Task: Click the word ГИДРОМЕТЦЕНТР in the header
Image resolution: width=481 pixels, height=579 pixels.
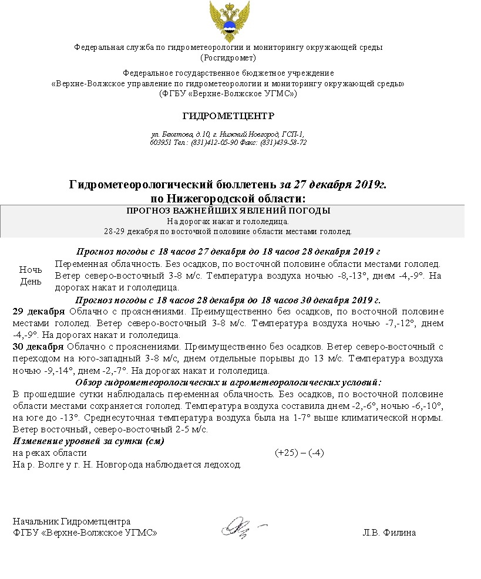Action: point(228,116)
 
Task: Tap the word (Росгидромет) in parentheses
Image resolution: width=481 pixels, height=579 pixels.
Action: point(228,57)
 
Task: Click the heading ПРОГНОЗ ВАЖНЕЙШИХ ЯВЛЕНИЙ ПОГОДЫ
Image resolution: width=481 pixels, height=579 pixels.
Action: point(228,211)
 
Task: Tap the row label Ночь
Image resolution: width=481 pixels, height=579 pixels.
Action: point(31,270)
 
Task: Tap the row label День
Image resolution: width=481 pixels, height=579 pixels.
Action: point(31,282)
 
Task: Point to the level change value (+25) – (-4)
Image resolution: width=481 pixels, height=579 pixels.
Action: point(300,453)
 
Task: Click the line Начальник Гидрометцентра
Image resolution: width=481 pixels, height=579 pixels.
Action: point(72,522)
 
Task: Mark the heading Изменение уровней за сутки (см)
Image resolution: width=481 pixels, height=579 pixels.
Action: point(88,441)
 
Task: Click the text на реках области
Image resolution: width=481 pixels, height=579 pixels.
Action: point(50,453)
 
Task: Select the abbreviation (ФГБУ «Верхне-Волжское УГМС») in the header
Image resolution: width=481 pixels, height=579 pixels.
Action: point(228,93)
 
